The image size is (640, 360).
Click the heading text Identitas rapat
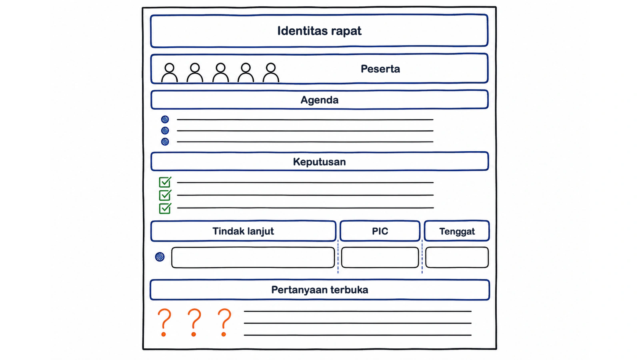319,31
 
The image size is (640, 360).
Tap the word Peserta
380,69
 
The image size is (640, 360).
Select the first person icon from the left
170,72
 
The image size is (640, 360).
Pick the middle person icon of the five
220,72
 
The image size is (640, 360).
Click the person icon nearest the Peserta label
270,72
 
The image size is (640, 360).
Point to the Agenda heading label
320,100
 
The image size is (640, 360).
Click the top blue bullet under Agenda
165,119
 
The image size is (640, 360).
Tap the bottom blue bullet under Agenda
165,142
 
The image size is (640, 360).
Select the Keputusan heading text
320,162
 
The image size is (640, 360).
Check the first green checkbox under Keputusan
165,182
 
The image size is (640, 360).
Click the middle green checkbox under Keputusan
165,195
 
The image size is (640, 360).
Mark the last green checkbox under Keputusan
165,208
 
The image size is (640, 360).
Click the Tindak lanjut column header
243,231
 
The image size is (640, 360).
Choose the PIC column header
380,231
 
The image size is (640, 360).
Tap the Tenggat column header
457,231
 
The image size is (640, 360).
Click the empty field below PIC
380,258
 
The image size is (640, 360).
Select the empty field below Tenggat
457,258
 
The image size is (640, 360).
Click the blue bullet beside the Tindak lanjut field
160,256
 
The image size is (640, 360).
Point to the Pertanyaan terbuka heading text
320,290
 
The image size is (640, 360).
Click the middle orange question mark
194,322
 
